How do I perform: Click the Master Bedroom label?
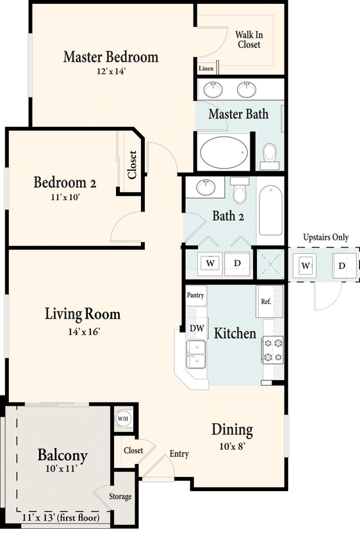tap(110, 57)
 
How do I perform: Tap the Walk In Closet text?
tap(249, 40)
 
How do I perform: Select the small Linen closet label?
tap(206, 69)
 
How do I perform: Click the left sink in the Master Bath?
tap(211, 89)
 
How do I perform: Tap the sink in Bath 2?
tap(205, 188)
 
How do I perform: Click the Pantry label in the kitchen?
tap(195, 295)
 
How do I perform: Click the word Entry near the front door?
tap(179, 454)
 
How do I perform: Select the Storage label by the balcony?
tap(120, 497)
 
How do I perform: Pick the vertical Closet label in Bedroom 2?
tap(133, 165)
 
